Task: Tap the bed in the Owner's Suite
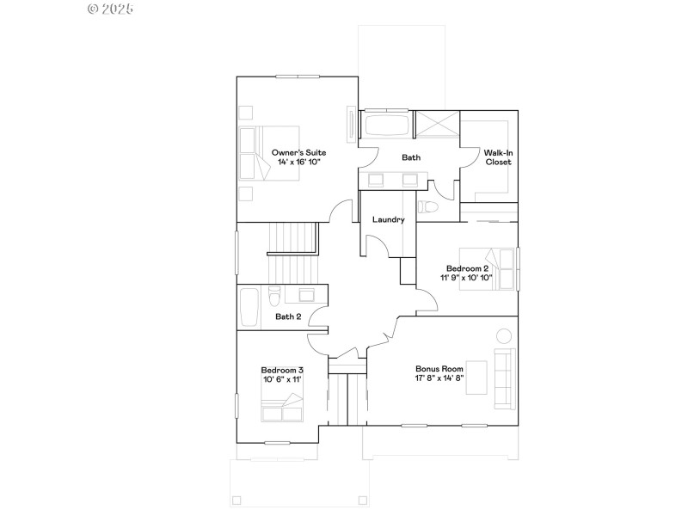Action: pyautogui.click(x=254, y=151)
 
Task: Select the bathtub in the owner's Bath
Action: pyautogui.click(x=386, y=126)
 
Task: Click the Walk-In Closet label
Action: pyautogui.click(x=497, y=157)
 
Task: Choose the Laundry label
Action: pyautogui.click(x=388, y=220)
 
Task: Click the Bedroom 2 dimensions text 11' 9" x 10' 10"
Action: pyautogui.click(x=466, y=278)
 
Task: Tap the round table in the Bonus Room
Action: pyautogui.click(x=503, y=336)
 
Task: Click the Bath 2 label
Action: pyautogui.click(x=288, y=316)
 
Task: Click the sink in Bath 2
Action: pyautogui.click(x=306, y=295)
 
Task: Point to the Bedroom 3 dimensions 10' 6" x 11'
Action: pyautogui.click(x=282, y=379)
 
